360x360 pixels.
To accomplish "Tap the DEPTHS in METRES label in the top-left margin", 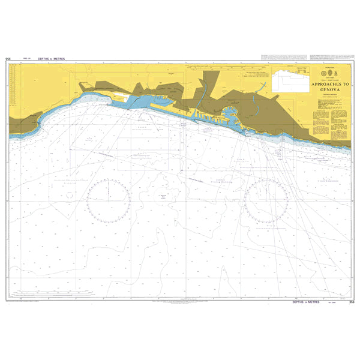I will [x=51, y=59].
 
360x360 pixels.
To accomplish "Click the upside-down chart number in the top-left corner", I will [x=8, y=59].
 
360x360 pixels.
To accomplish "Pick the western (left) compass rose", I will [x=109, y=200].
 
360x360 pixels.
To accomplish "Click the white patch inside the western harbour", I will [x=119, y=96].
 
